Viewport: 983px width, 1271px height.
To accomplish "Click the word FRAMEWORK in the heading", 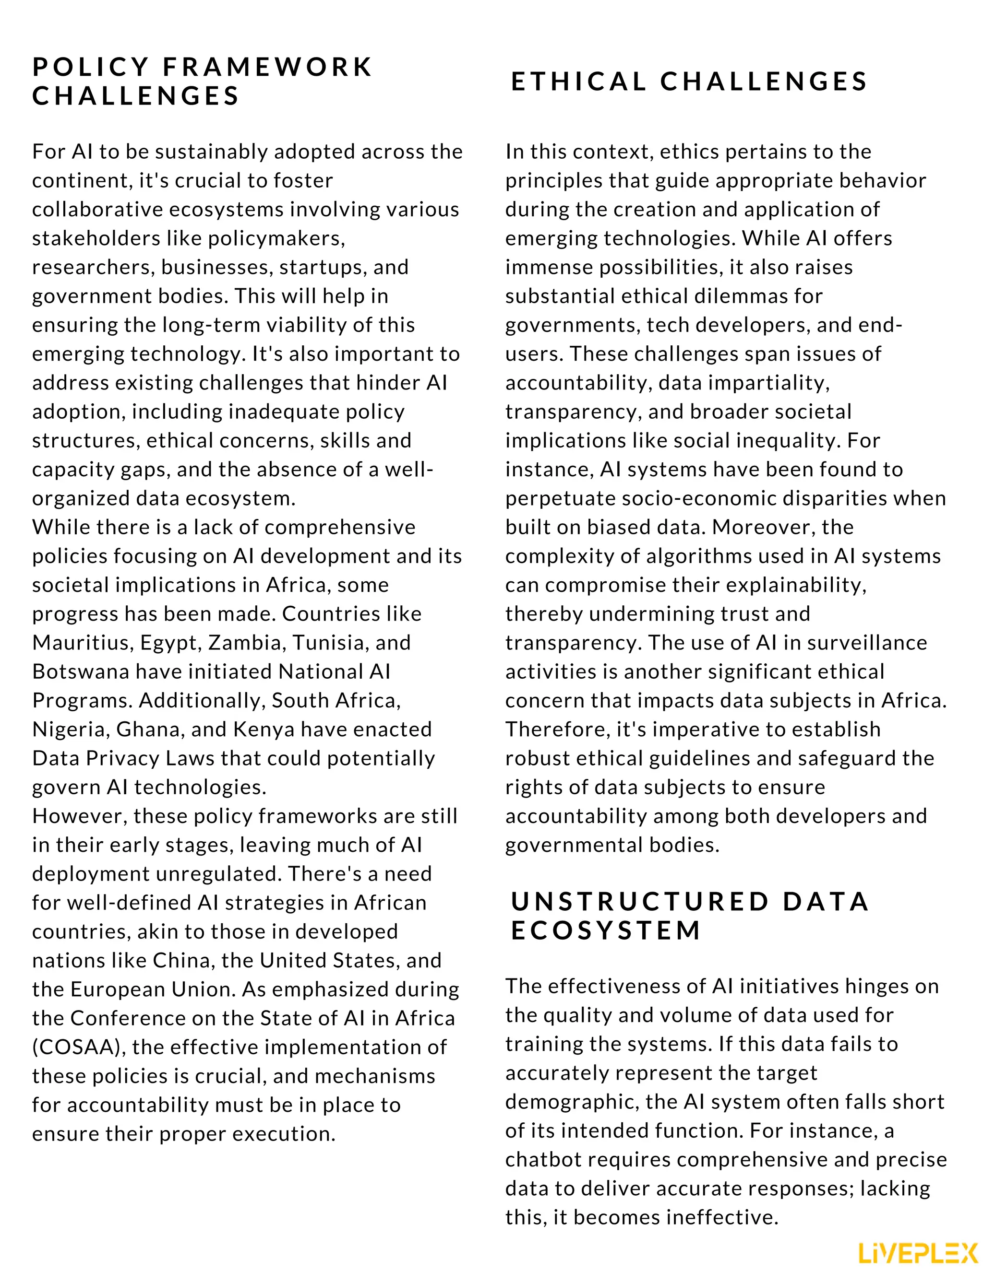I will (267, 67).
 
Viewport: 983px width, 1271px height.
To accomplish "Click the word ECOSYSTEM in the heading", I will (606, 930).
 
